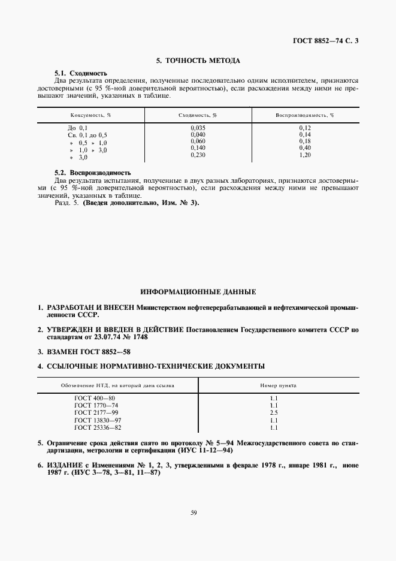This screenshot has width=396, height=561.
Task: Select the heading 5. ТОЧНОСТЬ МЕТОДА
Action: point(198,61)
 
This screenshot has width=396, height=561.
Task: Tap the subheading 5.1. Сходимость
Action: point(77,73)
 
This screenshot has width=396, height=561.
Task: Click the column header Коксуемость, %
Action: point(88,114)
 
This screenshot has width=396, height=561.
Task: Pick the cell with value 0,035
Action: point(198,128)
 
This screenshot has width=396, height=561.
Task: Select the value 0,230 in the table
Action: point(198,155)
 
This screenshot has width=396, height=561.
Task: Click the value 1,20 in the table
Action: point(306,155)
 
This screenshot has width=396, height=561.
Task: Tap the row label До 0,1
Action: point(78,128)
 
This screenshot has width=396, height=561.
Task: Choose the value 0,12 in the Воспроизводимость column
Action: point(306,128)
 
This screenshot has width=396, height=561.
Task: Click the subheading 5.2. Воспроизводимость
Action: point(92,173)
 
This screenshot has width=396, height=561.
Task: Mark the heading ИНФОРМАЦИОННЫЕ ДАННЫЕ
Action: point(198,292)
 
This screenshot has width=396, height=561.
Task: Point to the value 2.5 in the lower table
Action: point(274,414)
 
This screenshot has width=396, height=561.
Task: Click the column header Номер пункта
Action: point(278,385)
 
